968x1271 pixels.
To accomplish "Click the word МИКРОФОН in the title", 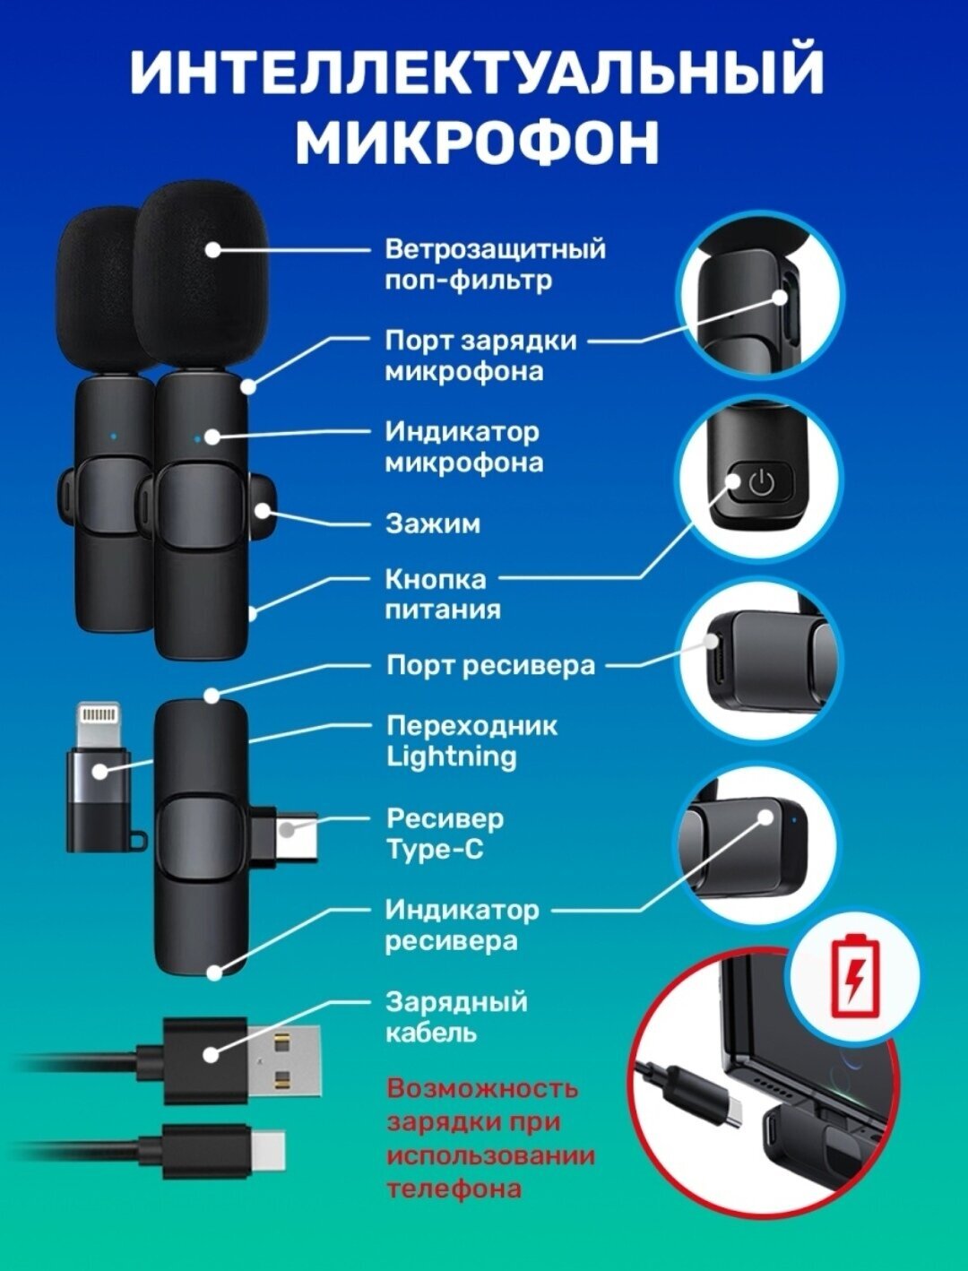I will pyautogui.click(x=477, y=141).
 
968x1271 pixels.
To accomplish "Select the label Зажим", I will pyautogui.click(x=432, y=523).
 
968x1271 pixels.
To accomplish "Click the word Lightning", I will pyautogui.click(x=451, y=756).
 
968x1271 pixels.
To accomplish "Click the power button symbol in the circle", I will pyautogui.click(x=760, y=484).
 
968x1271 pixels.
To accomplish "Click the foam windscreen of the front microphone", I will pyautogui.click(x=202, y=278).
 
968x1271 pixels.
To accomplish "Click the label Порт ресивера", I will pyautogui.click(x=490, y=665).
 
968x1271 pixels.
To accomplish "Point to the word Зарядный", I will pyautogui.click(x=455, y=1001).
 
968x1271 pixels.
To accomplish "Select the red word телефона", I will pyautogui.click(x=454, y=1189).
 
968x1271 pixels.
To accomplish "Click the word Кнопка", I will pyautogui.click(x=436, y=579).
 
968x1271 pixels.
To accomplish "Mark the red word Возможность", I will pyautogui.click(x=482, y=1088).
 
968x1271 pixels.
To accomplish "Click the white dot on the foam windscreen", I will pyautogui.click(x=212, y=250).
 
